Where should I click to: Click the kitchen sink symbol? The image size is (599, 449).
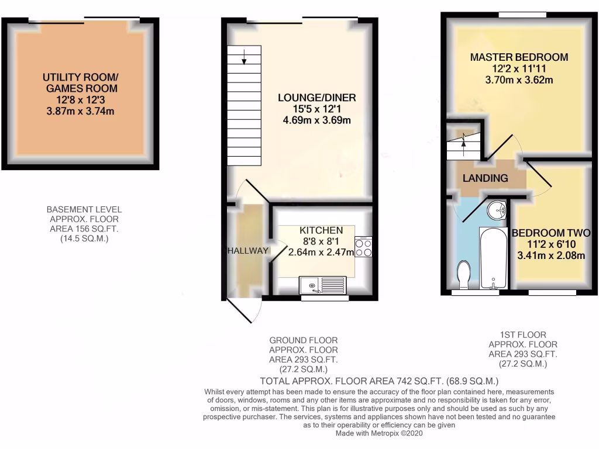point(323,285)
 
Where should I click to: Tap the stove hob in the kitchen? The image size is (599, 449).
point(363,247)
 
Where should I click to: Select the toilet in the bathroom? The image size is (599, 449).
point(464,274)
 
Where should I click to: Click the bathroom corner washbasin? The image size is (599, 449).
point(498,208)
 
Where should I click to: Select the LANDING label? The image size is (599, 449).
point(486,178)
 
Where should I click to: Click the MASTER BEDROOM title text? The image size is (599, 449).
point(519,57)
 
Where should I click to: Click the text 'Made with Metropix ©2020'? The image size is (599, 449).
point(379,434)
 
